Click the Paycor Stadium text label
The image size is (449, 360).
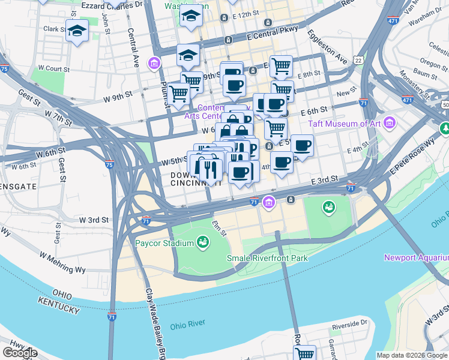(164, 243)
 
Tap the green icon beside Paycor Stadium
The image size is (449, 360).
(203, 242)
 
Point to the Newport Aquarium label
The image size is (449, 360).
(416, 258)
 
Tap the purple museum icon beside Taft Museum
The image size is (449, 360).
(390, 123)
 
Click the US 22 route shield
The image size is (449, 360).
(358, 61)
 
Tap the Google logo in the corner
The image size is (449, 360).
(20, 353)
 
